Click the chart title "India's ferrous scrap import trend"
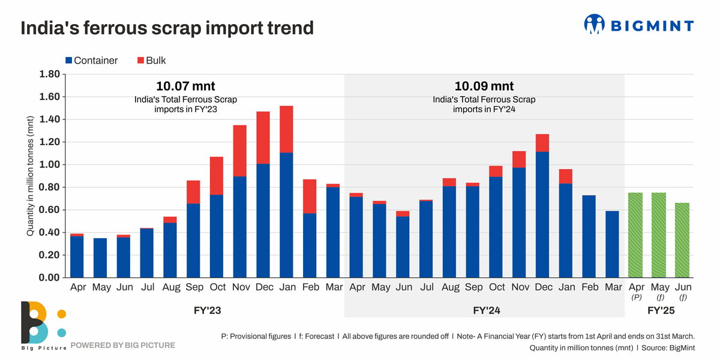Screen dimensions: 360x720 (x=167, y=28)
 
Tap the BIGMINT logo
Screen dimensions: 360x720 (x=638, y=25)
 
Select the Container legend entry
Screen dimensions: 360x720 (x=91, y=61)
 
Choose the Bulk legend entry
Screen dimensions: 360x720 (x=152, y=61)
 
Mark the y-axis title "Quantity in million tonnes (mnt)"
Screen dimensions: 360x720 (x=30, y=175)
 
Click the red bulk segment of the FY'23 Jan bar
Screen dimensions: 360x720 (x=287, y=129)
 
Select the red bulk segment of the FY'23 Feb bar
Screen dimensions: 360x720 (x=310, y=196)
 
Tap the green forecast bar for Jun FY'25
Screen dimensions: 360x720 (x=682, y=240)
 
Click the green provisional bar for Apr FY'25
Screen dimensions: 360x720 (x=635, y=235)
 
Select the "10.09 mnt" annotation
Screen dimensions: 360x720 (x=484, y=86)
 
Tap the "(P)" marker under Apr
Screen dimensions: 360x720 (x=635, y=297)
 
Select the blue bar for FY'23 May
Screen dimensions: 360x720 (x=101, y=258)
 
